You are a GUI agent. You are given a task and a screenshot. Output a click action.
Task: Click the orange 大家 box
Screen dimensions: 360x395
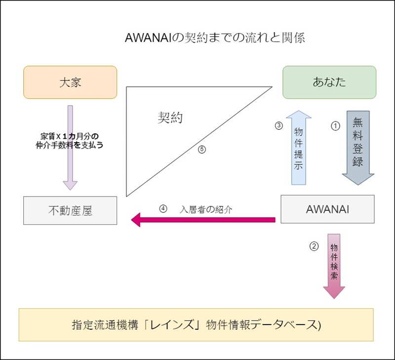click(70, 82)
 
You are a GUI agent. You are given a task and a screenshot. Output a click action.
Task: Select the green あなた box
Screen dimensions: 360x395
click(329, 82)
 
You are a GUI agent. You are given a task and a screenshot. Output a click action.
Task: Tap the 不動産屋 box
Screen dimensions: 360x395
click(70, 210)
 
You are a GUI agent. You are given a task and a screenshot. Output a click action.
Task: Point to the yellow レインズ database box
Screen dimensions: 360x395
click(196, 325)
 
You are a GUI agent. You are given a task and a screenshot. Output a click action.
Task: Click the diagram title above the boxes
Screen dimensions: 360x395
click(215, 39)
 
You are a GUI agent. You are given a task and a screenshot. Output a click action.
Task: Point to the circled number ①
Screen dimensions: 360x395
click(335, 126)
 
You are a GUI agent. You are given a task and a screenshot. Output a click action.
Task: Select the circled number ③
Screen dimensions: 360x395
click(278, 125)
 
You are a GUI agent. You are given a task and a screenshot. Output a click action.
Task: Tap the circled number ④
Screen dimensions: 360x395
click(164, 208)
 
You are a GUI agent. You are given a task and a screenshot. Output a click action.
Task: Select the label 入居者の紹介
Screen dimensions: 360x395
click(206, 209)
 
